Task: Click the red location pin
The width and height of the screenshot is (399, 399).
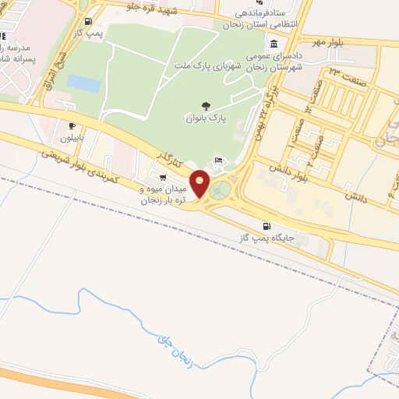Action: pyautogui.click(x=200, y=183)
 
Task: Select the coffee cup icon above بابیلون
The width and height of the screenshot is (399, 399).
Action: pyautogui.click(x=72, y=125)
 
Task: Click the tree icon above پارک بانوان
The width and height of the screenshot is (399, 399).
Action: pyautogui.click(x=205, y=104)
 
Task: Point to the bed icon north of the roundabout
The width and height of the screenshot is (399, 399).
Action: pyautogui.click(x=218, y=161)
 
